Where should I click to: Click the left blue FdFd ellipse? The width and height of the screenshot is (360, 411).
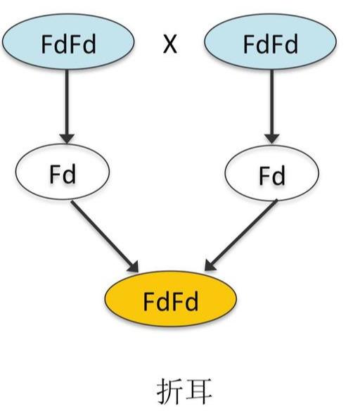tap(68, 42)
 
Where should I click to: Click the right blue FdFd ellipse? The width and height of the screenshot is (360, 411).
tap(270, 42)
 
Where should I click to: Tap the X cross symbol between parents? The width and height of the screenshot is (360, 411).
tap(170, 44)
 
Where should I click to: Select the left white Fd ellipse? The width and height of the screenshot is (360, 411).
tap(63, 172)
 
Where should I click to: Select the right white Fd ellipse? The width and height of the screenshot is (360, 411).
tap(272, 173)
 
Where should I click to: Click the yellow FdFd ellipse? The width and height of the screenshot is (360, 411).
tap(171, 299)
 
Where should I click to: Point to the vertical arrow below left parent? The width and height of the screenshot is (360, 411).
tap(67, 106)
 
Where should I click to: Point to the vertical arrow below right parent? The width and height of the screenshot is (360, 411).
tap(272, 106)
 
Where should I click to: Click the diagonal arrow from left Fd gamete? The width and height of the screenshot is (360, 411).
tap(105, 236)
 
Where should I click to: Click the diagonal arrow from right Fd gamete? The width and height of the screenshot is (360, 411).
tap(240, 235)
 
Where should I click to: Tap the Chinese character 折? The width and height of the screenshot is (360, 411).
tap(169, 391)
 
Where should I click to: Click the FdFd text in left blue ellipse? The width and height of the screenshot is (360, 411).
tap(69, 44)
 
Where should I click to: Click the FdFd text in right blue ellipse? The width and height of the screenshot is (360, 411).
tap(271, 44)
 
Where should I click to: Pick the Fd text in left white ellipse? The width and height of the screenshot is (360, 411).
tap(63, 174)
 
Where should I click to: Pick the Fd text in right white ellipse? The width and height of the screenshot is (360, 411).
tap(272, 175)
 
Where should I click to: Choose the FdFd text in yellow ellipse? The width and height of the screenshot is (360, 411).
tap(171, 301)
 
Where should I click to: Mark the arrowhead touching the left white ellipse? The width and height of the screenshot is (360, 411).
tap(67, 139)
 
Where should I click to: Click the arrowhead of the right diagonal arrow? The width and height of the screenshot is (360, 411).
tap(210, 265)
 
